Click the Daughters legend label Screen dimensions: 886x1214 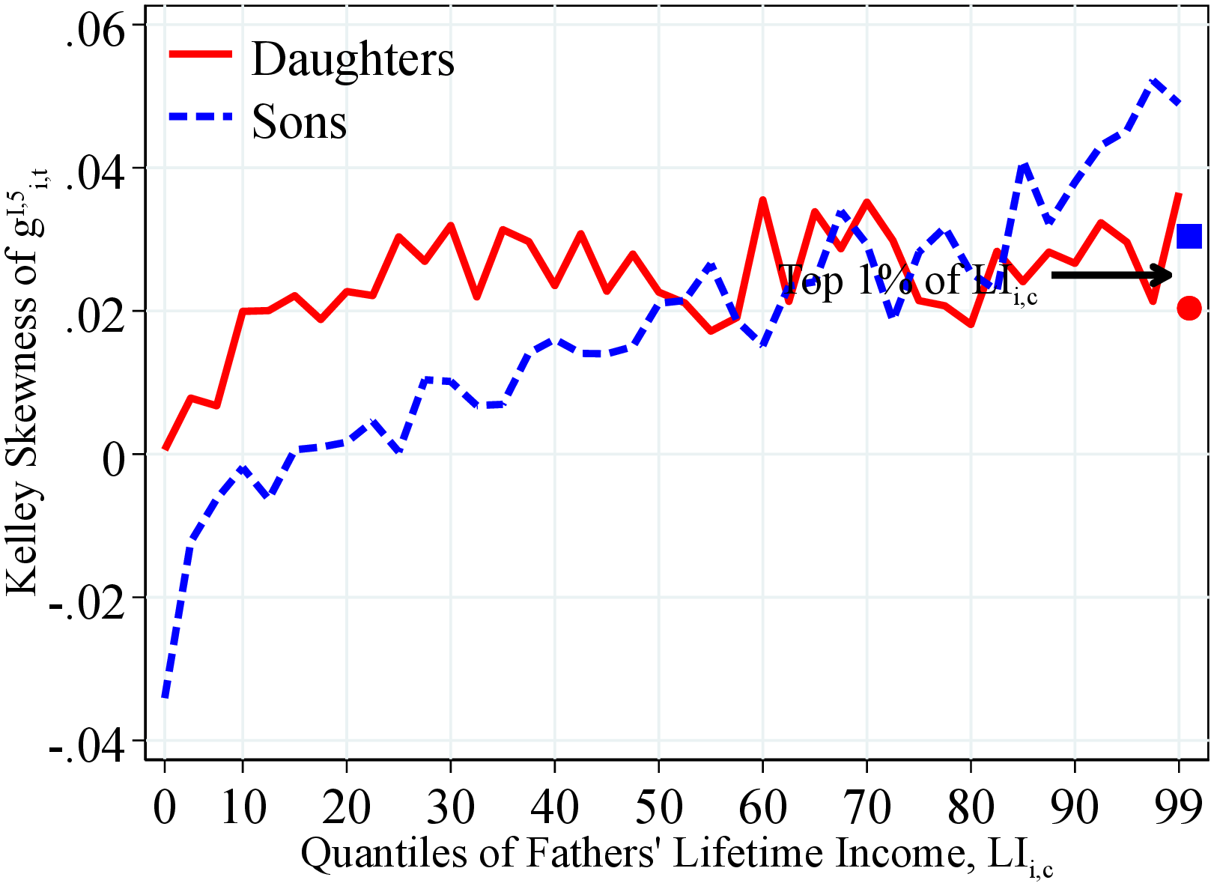tap(353, 59)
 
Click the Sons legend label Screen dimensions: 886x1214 tap(299, 121)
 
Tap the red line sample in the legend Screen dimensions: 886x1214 tap(200, 54)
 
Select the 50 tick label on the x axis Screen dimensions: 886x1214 tap(658, 807)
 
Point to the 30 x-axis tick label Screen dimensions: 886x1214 tap(450, 807)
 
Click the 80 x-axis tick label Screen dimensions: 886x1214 tap(971, 807)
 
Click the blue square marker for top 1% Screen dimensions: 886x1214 tap(1189, 237)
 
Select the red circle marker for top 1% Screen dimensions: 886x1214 tap(1189, 308)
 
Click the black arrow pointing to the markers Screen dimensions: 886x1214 tap(1112, 276)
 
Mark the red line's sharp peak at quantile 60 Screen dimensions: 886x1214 tap(762, 200)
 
